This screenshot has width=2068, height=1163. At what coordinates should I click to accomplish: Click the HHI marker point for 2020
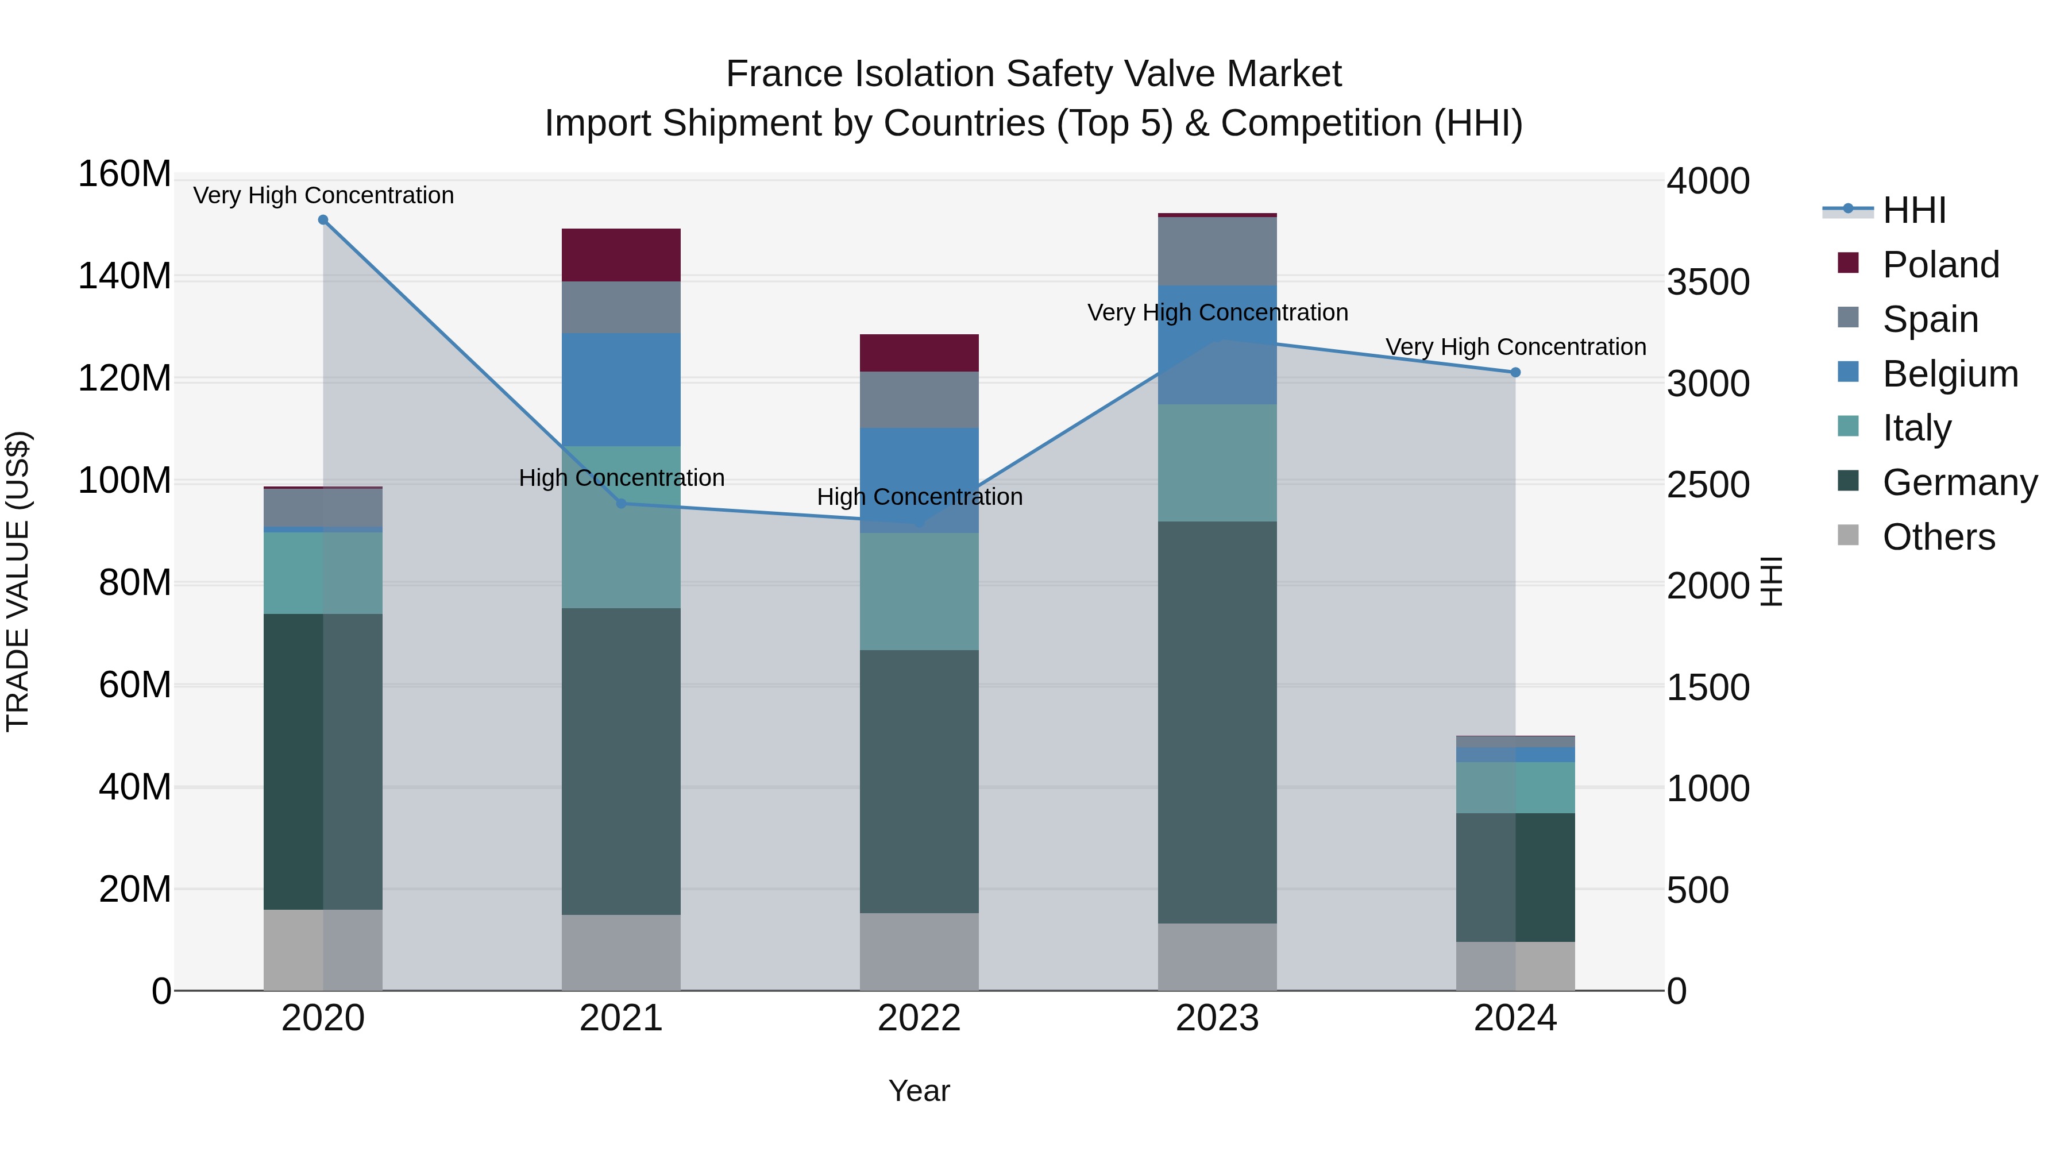tap(323, 220)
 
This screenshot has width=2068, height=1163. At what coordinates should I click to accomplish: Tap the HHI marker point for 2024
tap(1515, 372)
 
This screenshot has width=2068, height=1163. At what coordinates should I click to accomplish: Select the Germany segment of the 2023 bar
tap(1217, 722)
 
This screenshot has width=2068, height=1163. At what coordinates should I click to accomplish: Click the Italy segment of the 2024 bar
tap(1515, 787)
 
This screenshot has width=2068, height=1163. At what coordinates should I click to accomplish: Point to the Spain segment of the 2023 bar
tap(1217, 251)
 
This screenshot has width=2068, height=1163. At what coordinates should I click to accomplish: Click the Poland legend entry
tap(1940, 265)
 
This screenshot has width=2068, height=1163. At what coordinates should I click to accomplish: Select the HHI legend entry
tap(1914, 210)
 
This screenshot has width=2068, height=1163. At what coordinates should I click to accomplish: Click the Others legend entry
tap(1938, 537)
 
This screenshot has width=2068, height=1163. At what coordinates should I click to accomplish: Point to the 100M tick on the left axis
tap(125, 481)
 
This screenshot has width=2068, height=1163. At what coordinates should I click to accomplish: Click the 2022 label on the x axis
tap(919, 1018)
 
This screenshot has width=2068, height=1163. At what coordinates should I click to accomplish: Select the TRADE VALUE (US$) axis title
tap(18, 581)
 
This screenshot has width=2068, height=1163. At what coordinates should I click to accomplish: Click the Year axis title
tap(919, 1091)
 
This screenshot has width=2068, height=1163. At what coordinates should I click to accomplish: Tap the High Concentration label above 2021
tap(622, 478)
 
